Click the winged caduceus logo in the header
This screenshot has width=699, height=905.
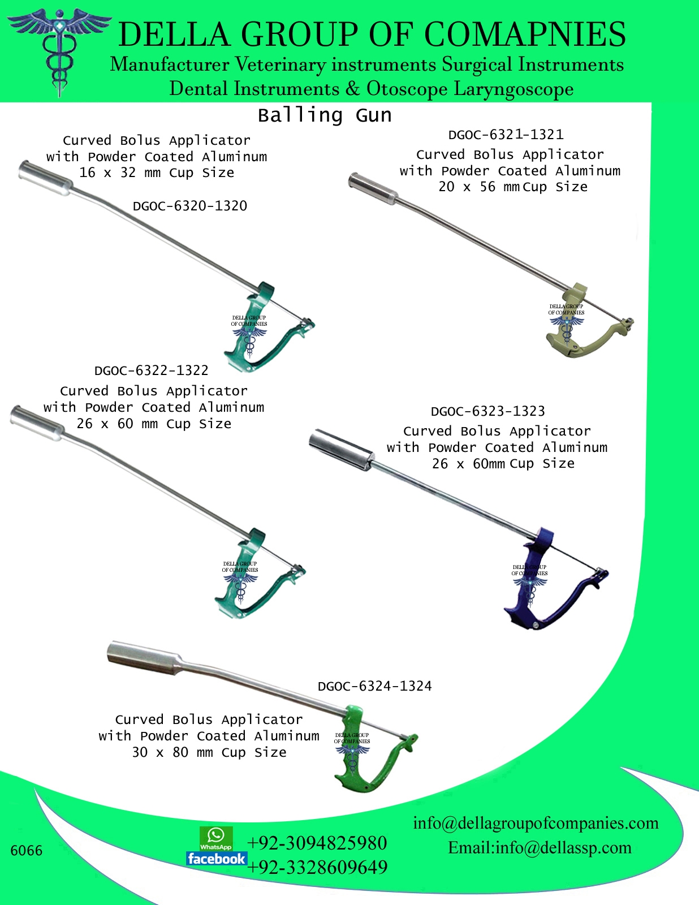pyautogui.click(x=59, y=52)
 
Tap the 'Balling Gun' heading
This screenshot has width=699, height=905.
pyautogui.click(x=325, y=115)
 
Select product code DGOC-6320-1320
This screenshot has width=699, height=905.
pyautogui.click(x=190, y=206)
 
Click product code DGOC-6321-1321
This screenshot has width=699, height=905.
pyautogui.click(x=506, y=135)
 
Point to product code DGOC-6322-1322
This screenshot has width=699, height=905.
pyautogui.click(x=151, y=370)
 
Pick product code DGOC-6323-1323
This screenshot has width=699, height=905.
pyautogui.click(x=487, y=411)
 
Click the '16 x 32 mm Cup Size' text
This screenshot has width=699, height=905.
pyautogui.click(x=157, y=173)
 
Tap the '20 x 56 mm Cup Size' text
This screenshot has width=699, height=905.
pyautogui.click(x=513, y=187)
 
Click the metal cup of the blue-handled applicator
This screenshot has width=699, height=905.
pyautogui.click(x=340, y=449)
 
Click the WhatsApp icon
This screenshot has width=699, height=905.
pyautogui.click(x=216, y=838)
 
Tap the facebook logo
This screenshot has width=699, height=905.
pyautogui.click(x=217, y=859)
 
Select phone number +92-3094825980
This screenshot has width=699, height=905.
pyautogui.click(x=317, y=843)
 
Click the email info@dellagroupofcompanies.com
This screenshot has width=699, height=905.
pyautogui.click(x=536, y=823)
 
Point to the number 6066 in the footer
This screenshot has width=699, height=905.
pyautogui.click(x=26, y=851)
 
